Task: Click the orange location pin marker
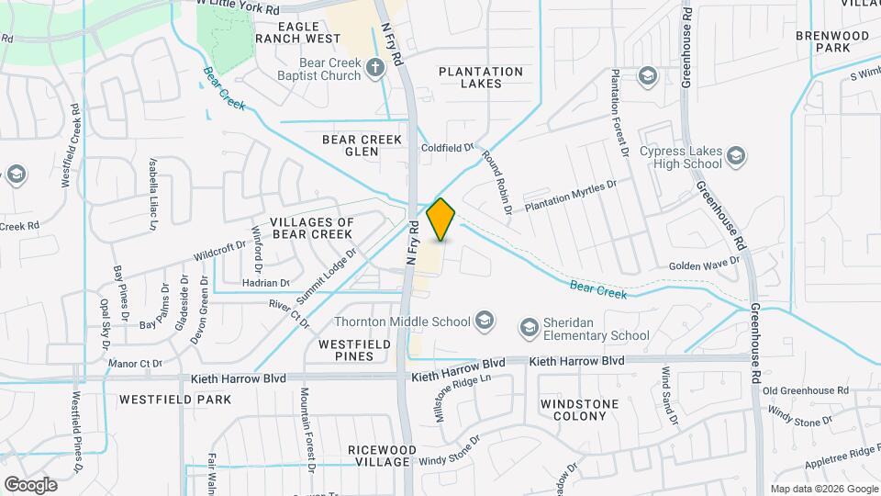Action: point(441,219)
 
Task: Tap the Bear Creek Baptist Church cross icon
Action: point(374,67)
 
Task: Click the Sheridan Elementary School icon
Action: point(529,327)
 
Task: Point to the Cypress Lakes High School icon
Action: point(735,158)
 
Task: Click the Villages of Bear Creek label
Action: point(311,229)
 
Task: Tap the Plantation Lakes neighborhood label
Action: point(481,77)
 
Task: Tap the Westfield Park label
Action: point(175,400)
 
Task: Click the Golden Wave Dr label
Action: point(704,265)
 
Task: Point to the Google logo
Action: point(30,485)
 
